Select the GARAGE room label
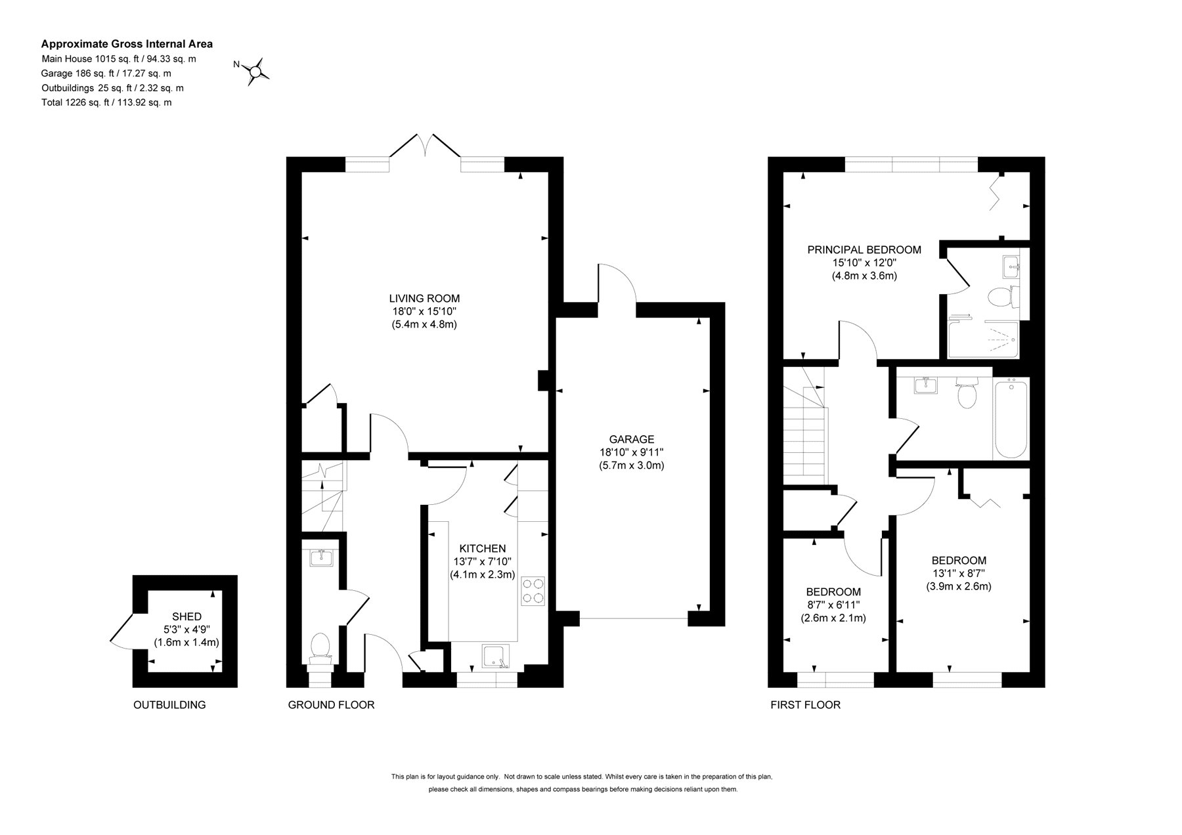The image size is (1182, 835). click(x=632, y=439)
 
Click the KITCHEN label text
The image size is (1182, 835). click(x=483, y=548)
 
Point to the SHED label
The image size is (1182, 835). click(x=186, y=616)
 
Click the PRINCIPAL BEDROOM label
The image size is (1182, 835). click(x=864, y=249)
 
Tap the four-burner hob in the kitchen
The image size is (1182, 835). click(x=533, y=589)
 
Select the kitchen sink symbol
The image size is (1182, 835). click(x=496, y=656)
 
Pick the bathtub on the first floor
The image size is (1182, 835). click(x=1011, y=418)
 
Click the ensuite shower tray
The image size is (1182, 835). click(x=983, y=339)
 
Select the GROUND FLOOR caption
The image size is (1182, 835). click(x=331, y=705)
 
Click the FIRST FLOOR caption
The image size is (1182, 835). click(x=805, y=705)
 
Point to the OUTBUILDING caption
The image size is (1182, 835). click(x=169, y=705)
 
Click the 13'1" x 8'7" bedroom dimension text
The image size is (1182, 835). click(x=959, y=574)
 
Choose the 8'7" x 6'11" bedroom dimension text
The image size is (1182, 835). click(x=833, y=605)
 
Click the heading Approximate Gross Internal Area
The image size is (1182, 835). click(x=127, y=44)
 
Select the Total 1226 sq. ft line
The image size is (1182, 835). click(x=106, y=102)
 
